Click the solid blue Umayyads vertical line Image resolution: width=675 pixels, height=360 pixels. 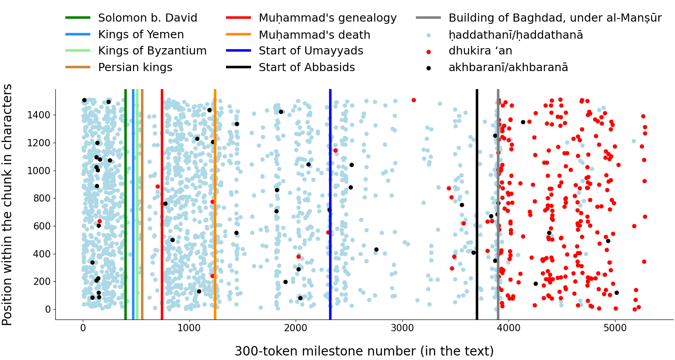[x=330, y=202]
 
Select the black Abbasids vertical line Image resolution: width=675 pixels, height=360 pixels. [x=477, y=202]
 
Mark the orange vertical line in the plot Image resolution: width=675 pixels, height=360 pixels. [x=215, y=202]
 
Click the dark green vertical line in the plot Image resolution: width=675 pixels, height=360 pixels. [x=126, y=202]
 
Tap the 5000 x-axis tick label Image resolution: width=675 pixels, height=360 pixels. [x=615, y=328]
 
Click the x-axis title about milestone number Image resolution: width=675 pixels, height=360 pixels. [x=364, y=351]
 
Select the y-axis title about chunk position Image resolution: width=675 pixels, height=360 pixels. [x=8, y=204]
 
